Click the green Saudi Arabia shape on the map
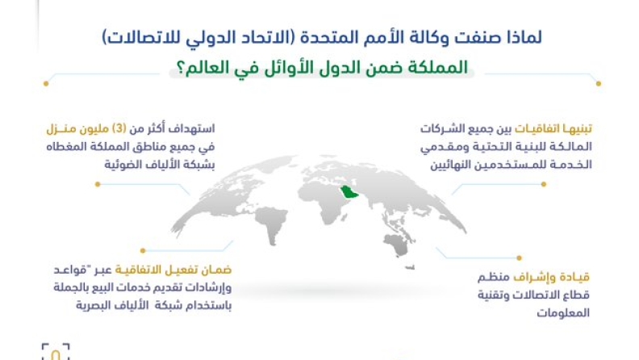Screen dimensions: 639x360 pos(349,191)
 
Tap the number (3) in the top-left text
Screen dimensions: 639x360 pos(119,129)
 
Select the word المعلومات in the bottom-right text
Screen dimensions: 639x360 pos(563,313)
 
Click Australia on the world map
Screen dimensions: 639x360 pos(396,245)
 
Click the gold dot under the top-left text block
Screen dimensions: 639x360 pos(98,184)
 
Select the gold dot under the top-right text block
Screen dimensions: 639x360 pos(544,184)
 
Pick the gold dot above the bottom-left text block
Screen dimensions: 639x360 pos(143,250)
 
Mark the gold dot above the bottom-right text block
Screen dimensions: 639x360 pos(520,257)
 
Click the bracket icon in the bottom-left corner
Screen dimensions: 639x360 pos(56,351)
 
